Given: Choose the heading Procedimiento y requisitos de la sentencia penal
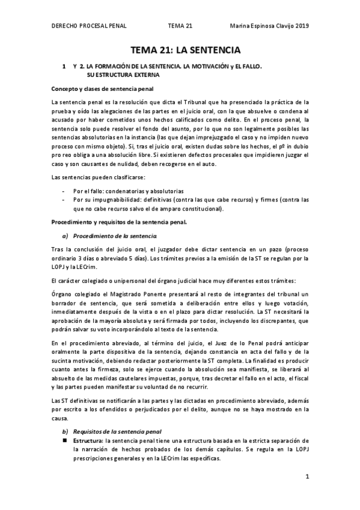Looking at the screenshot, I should (119, 223).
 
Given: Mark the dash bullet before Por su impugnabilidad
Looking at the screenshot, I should (64, 200).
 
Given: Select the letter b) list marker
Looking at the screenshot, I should (65, 431).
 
